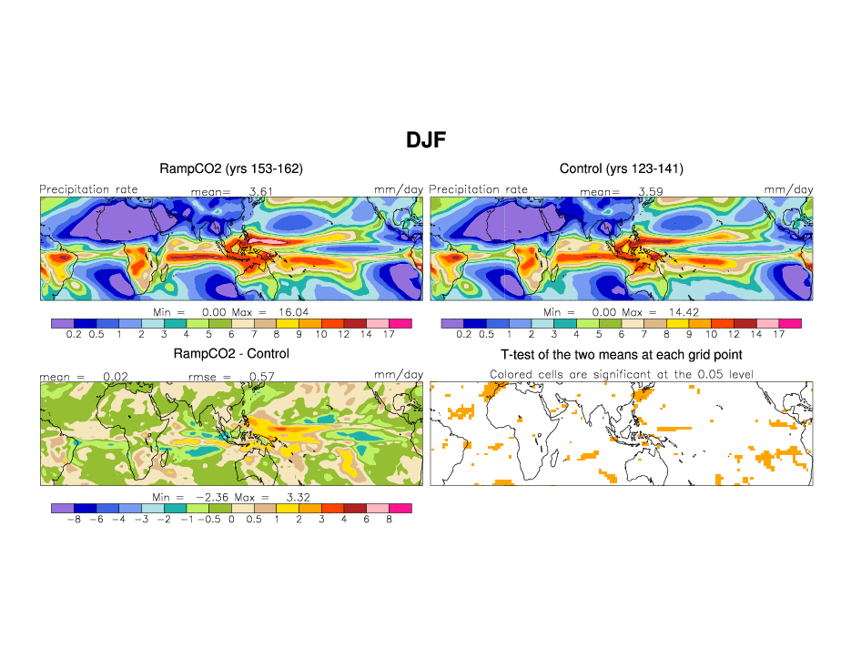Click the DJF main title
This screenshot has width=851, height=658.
click(425, 139)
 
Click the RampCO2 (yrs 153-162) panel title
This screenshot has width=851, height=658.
click(231, 168)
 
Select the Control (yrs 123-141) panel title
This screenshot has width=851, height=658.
click(621, 168)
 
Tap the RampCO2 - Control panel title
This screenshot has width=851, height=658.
click(231, 353)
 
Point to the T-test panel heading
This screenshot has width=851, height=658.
click(621, 353)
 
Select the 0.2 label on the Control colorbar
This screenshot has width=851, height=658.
click(463, 335)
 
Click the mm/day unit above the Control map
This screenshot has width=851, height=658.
click(788, 189)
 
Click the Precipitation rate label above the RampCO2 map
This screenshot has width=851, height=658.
click(88, 189)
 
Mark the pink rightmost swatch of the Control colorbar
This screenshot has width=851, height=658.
click(789, 323)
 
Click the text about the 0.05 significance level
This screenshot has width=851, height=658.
click(621, 374)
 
